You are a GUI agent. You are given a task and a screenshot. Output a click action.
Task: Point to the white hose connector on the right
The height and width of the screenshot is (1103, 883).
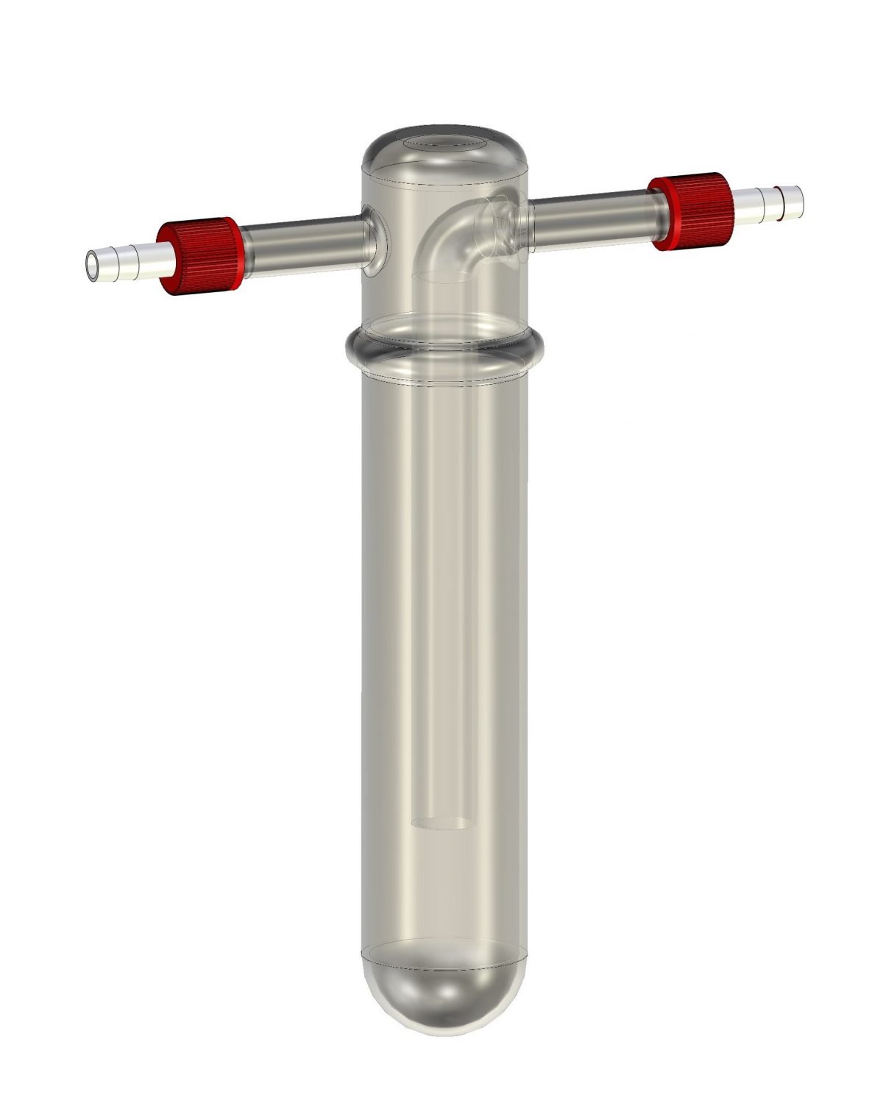tap(765, 202)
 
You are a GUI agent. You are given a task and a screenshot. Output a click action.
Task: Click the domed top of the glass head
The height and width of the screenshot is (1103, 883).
tap(441, 158)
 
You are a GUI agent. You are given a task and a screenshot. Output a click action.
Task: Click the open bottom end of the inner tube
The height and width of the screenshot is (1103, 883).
tap(441, 824)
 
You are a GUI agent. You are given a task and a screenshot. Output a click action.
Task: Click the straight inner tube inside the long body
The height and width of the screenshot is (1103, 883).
tap(441, 589)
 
